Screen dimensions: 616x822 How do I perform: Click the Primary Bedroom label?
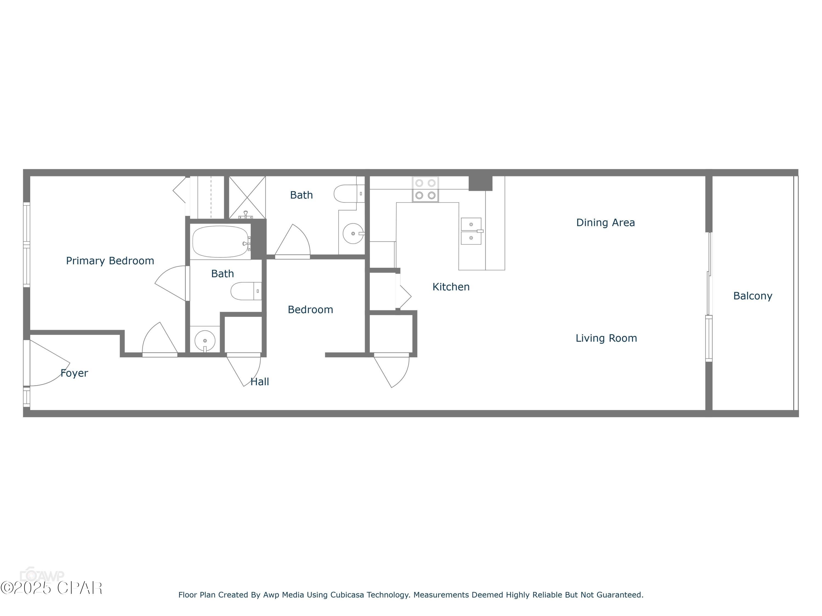click(x=110, y=261)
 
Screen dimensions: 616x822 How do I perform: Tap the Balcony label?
click(x=752, y=296)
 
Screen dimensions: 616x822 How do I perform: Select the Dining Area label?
click(x=605, y=222)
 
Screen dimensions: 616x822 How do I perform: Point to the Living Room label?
click(x=606, y=338)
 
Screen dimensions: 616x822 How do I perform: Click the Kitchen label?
click(x=451, y=287)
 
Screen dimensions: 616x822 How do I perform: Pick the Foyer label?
click(x=74, y=373)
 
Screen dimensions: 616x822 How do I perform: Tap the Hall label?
click(x=259, y=381)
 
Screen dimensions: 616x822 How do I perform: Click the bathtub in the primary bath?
click(x=220, y=242)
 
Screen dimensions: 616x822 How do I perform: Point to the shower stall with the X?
click(x=247, y=197)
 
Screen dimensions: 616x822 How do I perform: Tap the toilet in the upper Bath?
click(x=348, y=194)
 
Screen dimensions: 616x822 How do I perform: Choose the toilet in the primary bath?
click(x=245, y=291)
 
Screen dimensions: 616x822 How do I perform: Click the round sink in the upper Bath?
click(x=353, y=234)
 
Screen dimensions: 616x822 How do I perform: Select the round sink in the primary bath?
click(x=205, y=340)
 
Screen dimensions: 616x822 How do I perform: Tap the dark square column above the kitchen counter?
click(x=480, y=183)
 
